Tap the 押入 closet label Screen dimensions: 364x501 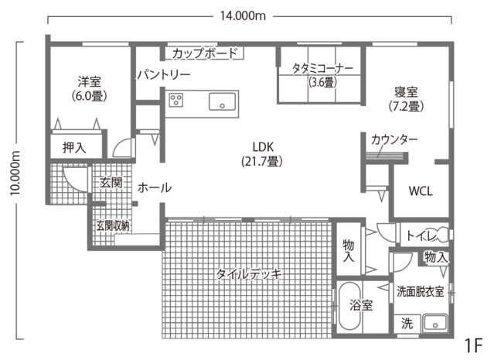click(74, 146)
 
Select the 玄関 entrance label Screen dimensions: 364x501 click(109, 183)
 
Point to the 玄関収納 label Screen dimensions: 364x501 click(113, 225)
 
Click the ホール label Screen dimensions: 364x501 click(154, 187)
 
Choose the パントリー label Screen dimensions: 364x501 click(165, 75)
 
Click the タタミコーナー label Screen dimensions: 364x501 click(322, 67)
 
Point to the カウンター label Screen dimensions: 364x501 click(394, 139)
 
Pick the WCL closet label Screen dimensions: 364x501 click(421, 191)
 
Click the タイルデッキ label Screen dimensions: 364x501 click(248, 273)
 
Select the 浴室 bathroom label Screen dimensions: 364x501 click(360, 304)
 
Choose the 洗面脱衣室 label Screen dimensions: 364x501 click(420, 292)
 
